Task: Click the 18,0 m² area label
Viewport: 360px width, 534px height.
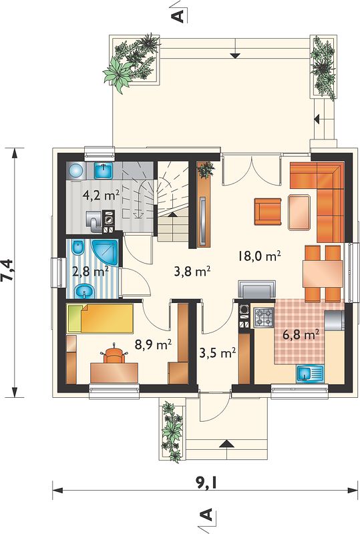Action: pyautogui.click(x=259, y=256)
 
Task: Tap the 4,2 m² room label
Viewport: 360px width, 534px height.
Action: pyautogui.click(x=101, y=196)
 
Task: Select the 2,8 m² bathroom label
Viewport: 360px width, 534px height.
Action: pyautogui.click(x=90, y=272)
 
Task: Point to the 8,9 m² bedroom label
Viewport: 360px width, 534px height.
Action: pyautogui.click(x=153, y=344)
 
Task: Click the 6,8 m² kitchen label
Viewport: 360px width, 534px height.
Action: pyautogui.click(x=301, y=335)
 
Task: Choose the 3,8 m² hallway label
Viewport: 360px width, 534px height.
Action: pyautogui.click(x=192, y=272)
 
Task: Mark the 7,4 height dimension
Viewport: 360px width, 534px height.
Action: pyautogui.click(x=7, y=270)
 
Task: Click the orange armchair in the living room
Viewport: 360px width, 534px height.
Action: pyautogui.click(x=268, y=212)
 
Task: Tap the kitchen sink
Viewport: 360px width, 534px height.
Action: pyautogui.click(x=310, y=374)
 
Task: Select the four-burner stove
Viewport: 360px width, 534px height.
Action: pyautogui.click(x=264, y=318)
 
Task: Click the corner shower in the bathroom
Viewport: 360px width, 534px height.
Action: pyautogui.click(x=105, y=254)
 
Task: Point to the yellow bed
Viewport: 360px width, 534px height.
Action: pyautogui.click(x=101, y=318)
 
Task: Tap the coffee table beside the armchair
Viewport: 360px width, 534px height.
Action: pyautogui.click(x=299, y=212)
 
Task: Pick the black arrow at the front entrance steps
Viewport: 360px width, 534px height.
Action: pyautogui.click(x=226, y=445)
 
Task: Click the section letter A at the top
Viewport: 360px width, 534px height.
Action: pyautogui.click(x=179, y=15)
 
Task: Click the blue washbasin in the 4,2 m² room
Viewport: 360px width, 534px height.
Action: pyautogui.click(x=104, y=170)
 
